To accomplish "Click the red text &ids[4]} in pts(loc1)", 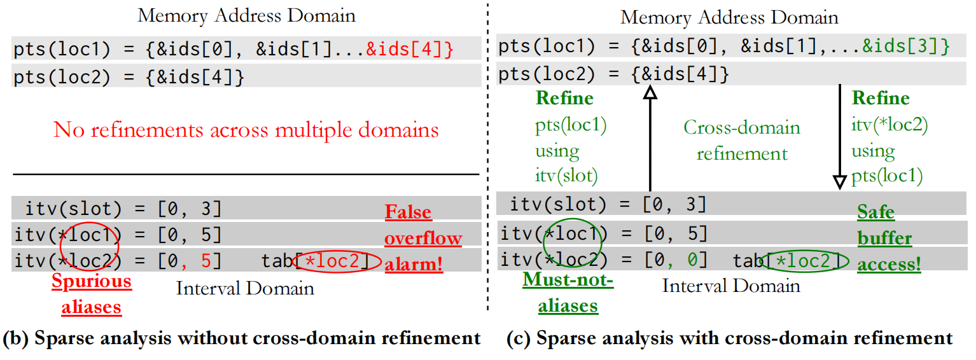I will pos(410,49).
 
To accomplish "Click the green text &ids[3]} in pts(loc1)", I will pos(906,46).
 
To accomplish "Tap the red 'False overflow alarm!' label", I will pos(423,238).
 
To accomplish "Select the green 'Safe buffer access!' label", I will pos(888,238).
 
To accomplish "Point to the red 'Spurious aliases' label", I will pos(92,294).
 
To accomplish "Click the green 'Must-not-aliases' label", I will pos(568,293).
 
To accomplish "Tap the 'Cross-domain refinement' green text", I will pos(742,141).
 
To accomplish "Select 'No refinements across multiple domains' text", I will pos(246,130).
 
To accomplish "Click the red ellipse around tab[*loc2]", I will pos(338,260).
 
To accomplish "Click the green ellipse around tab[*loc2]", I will pos(807,260).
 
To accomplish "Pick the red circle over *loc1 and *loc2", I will pos(90,244).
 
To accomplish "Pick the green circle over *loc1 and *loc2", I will pos(572,243).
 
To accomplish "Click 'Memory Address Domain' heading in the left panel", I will pos(246,15).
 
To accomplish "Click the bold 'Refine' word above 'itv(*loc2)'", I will pos(881,99).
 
